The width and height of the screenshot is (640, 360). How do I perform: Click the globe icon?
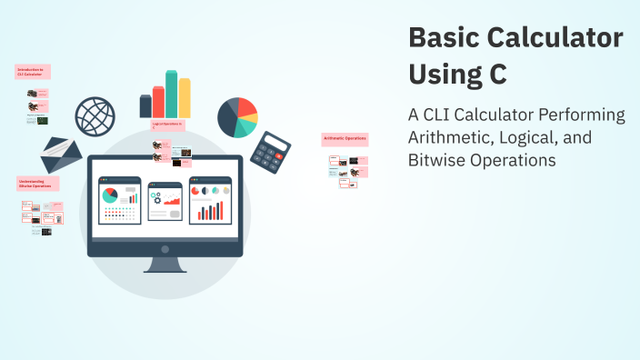[x=95, y=115]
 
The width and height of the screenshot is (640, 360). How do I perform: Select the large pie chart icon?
[x=237, y=115]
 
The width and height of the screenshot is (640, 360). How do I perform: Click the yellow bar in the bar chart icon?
[x=185, y=98]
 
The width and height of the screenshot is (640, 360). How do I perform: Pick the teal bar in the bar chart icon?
[x=172, y=94]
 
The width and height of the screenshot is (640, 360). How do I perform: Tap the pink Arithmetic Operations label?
[x=345, y=139]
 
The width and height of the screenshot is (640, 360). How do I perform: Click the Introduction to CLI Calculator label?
[x=33, y=71]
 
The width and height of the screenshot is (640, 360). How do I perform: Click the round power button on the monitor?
[x=165, y=248]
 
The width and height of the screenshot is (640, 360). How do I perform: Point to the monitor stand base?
[x=165, y=268]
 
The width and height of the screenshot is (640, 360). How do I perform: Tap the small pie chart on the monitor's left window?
[x=110, y=196]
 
